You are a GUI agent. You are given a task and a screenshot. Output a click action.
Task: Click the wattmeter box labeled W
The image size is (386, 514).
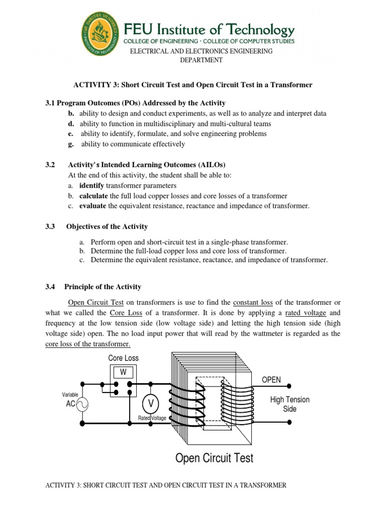coord(123,372)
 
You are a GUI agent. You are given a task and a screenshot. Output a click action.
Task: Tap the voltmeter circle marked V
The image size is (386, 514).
coord(150,404)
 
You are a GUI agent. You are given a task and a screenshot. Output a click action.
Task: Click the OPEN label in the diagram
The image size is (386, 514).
coord(271,379)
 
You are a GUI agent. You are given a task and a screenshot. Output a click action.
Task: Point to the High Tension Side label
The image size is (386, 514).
coord(289,404)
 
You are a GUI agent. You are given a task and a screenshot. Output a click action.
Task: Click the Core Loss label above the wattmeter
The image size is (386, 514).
coord(123,358)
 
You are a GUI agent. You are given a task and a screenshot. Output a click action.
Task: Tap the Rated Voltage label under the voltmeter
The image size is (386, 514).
coord(152,418)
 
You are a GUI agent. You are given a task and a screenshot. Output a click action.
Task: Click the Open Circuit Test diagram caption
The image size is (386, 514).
coord(214,458)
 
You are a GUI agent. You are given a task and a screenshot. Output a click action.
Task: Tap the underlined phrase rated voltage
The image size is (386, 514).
coord(306,313)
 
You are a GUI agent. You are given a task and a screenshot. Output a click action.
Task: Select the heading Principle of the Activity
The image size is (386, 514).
coord(103,287)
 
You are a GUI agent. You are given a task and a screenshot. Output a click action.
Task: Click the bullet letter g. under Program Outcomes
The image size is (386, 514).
coord(72,144)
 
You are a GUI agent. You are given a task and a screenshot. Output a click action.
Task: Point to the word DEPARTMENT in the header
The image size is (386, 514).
coord(201,60)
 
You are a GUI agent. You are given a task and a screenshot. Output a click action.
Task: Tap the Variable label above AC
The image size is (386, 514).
coord(70,395)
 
